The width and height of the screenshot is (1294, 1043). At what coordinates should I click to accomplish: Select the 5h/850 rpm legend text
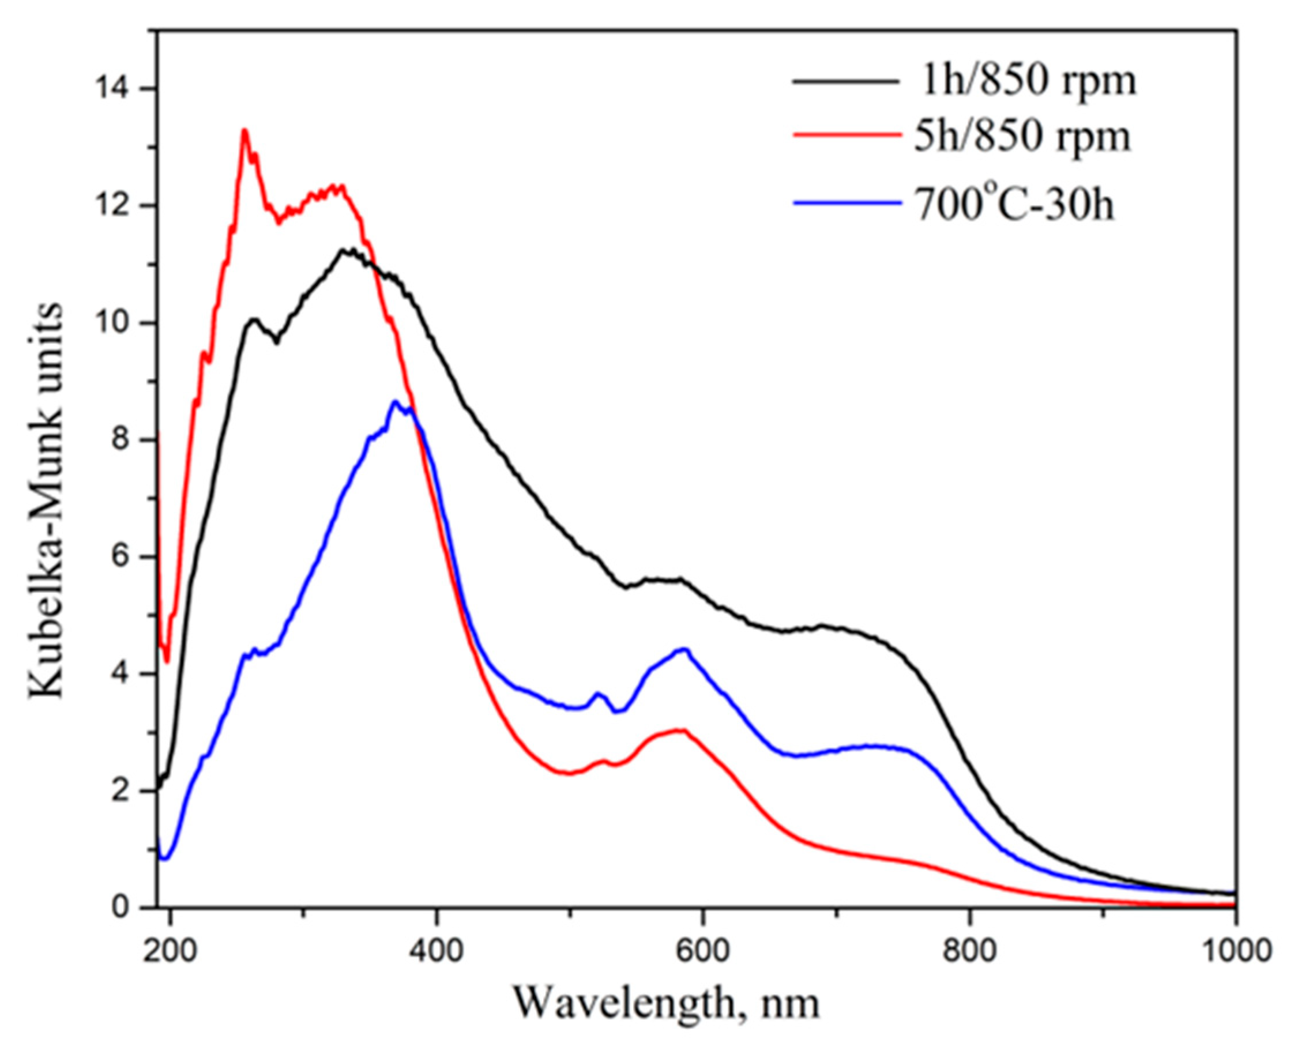click(x=1021, y=137)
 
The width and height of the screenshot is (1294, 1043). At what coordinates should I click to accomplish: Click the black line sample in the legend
click(x=847, y=82)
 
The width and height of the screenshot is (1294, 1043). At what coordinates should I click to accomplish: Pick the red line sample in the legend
click(x=847, y=137)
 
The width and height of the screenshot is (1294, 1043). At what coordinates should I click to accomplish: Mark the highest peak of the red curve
click(x=244, y=130)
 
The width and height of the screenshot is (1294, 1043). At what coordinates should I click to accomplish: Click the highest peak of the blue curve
click(x=394, y=401)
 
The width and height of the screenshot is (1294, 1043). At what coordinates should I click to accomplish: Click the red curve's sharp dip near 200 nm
click(x=167, y=662)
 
